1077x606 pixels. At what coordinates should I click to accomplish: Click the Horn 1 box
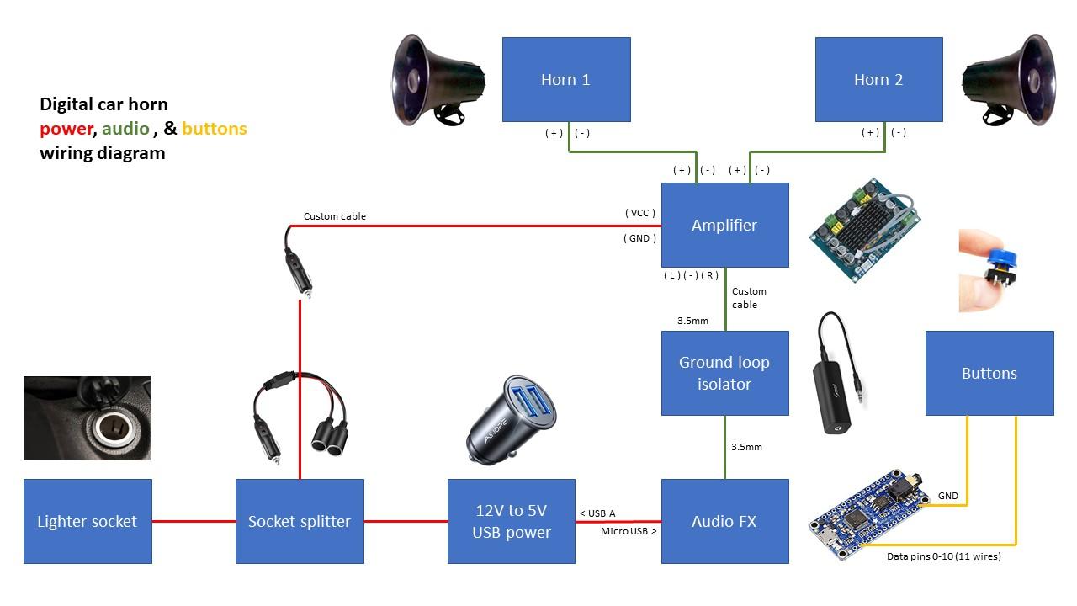pos(565,79)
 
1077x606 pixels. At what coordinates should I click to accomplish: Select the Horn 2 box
pos(878,79)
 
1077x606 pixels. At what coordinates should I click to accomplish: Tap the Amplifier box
pos(724,225)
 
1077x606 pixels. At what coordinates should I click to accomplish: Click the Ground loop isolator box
pos(724,373)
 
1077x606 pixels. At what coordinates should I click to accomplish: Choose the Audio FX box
pos(724,521)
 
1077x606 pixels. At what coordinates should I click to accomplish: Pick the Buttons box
pos(989,373)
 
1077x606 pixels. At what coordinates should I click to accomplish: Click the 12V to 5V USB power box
pos(511,521)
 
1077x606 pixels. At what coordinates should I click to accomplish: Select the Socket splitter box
pos(300,521)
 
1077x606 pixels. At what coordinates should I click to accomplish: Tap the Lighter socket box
pos(88,521)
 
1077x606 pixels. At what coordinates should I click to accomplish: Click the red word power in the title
pos(66,129)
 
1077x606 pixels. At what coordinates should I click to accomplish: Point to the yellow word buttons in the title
pos(214,129)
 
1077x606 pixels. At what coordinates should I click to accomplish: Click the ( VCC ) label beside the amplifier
pos(639,213)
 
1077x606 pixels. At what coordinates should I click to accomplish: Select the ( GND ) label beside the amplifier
pos(639,238)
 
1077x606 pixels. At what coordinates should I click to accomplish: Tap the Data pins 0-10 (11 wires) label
pos(943,556)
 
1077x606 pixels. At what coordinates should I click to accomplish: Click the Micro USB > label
pos(629,531)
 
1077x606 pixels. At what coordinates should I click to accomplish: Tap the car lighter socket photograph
pos(88,418)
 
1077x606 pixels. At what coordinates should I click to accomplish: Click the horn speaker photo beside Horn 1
pos(439,80)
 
